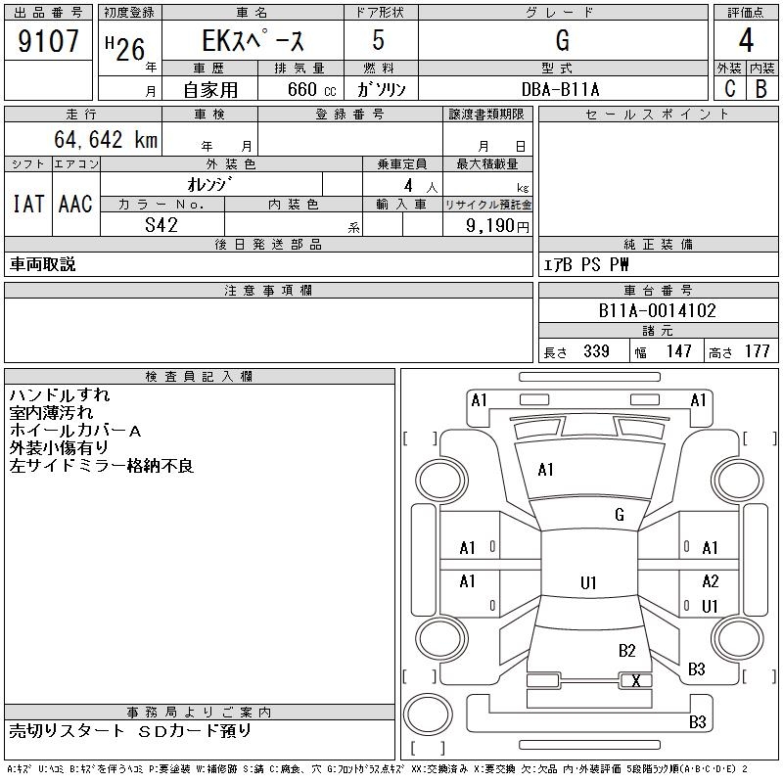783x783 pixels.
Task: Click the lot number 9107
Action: tap(49, 42)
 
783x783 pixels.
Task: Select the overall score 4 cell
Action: tap(745, 42)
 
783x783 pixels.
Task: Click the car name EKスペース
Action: tap(253, 42)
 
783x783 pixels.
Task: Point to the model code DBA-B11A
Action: tap(561, 89)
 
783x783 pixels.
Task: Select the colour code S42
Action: tap(161, 224)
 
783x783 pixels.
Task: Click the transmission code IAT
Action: tap(27, 204)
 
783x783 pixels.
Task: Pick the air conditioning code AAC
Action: tap(75, 204)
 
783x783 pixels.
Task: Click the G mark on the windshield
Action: tap(619, 515)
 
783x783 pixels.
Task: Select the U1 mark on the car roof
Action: tap(588, 583)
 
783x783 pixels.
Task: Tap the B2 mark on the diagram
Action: tap(626, 650)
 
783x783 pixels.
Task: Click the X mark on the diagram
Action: tap(636, 680)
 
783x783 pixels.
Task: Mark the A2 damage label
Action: tap(711, 581)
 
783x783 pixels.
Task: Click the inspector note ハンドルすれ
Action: tap(60, 395)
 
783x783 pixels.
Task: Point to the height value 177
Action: tap(757, 351)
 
